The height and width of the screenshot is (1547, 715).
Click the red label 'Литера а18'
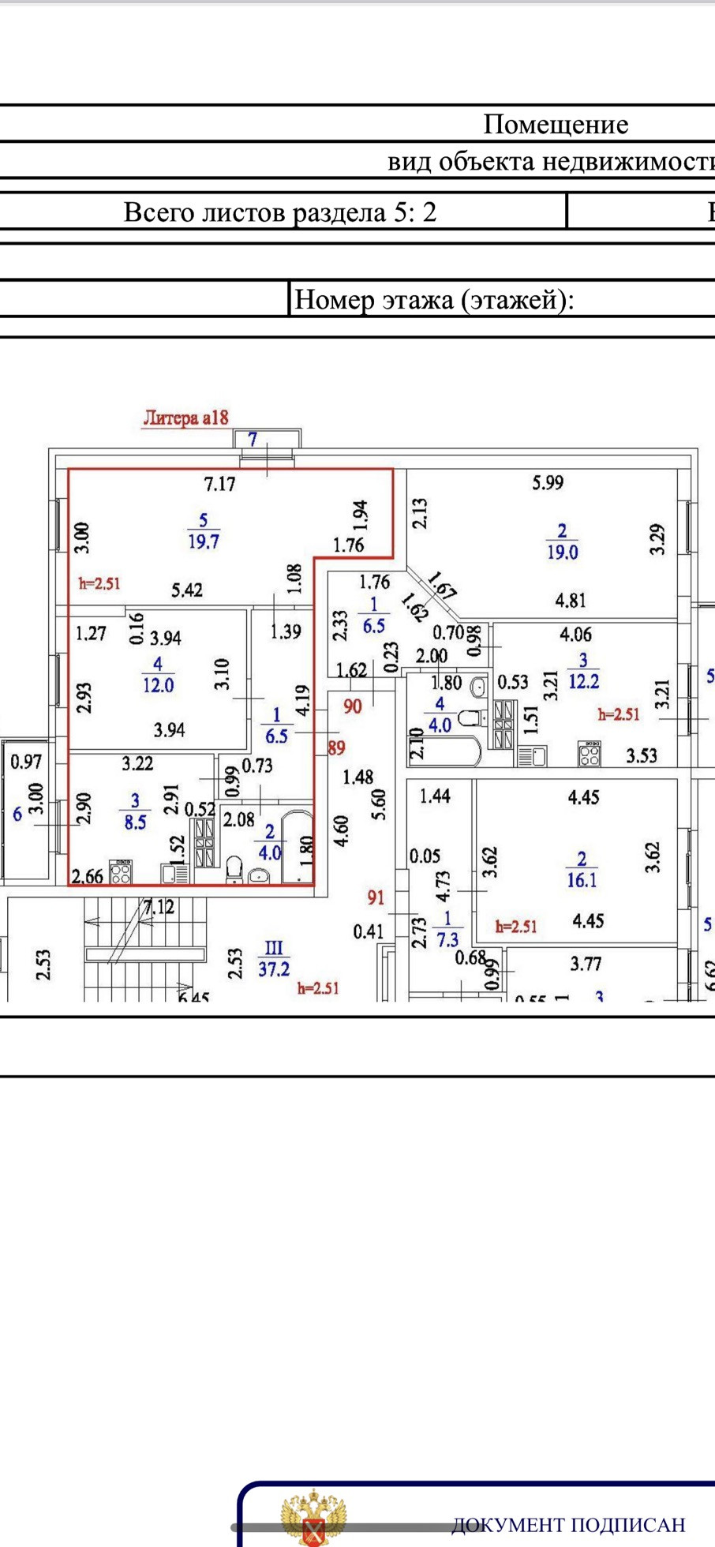pos(185,418)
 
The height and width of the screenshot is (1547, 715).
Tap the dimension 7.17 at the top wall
pos(219,484)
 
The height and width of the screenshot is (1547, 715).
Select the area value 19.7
pos(204,541)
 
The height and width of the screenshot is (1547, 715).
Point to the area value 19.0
pos(562,552)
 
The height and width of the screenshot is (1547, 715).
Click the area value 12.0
pos(158,685)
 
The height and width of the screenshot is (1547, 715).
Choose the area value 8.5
pos(135,822)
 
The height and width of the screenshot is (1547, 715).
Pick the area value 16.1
pos(582,879)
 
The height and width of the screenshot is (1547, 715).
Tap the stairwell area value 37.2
pos(274,968)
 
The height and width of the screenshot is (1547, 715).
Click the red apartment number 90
pos(352,706)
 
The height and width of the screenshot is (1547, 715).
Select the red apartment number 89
pos(336,747)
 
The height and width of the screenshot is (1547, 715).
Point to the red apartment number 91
pos(376,897)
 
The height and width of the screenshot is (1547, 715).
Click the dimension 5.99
pos(548,482)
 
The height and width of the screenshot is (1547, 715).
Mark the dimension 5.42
pos(187,590)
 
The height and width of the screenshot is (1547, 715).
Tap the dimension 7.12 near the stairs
pos(159,908)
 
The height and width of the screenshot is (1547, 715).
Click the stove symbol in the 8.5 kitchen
pos(121,874)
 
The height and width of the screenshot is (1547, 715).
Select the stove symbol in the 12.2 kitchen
pos(590,754)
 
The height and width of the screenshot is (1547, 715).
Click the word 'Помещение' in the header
pos(556,124)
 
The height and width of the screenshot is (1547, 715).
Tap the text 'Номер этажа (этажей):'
pos(433,300)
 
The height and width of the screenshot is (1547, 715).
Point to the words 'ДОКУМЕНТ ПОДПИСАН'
pos(568,1524)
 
